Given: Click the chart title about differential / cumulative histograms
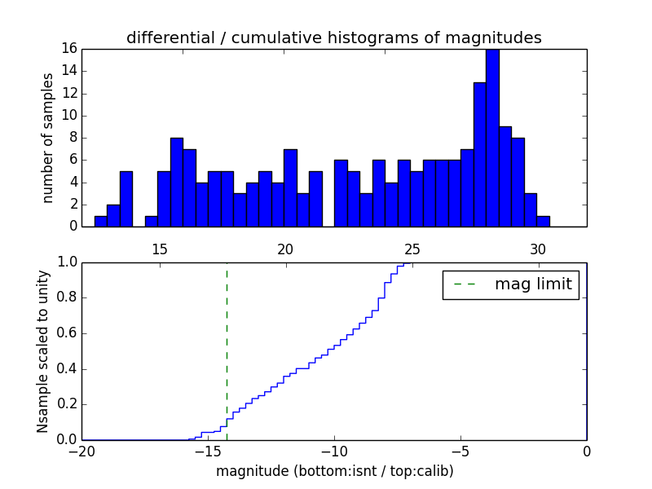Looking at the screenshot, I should coord(333,37).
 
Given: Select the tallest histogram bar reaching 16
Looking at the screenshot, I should coord(492,137).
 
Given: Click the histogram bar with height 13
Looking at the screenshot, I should coord(479,154).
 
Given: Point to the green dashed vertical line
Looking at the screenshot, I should coord(227,350).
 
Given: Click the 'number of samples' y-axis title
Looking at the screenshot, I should coord(48,137).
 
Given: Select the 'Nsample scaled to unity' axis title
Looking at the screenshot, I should coord(43,351).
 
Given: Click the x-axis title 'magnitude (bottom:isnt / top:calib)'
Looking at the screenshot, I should coord(333,472).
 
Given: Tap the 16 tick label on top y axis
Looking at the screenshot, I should coord(68,49).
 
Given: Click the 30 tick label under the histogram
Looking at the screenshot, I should coord(538,248).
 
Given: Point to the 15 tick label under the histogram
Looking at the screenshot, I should coord(159,248).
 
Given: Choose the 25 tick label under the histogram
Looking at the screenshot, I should coord(412,248).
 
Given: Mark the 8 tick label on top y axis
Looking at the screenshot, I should coord(72,138).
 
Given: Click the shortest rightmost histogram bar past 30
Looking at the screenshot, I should coord(543,221).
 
